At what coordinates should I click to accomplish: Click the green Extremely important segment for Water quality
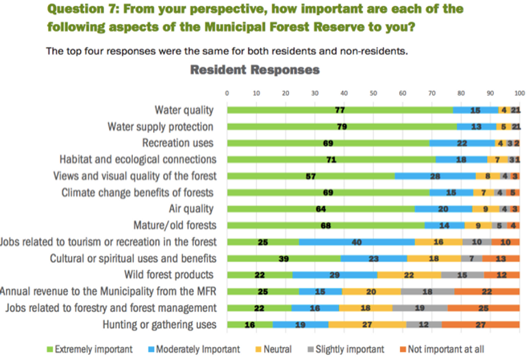(x=340, y=110)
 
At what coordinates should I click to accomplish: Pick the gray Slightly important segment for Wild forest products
(x=462, y=274)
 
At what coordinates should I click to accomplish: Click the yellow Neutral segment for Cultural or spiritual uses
(x=434, y=258)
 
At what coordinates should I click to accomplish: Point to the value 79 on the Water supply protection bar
(x=340, y=127)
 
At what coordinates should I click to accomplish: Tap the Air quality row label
(x=191, y=208)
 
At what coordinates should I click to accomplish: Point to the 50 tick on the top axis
(x=373, y=92)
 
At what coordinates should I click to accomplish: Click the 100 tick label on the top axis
(x=519, y=92)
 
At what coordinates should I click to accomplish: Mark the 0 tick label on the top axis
(x=227, y=92)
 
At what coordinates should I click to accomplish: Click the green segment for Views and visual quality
(x=311, y=176)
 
